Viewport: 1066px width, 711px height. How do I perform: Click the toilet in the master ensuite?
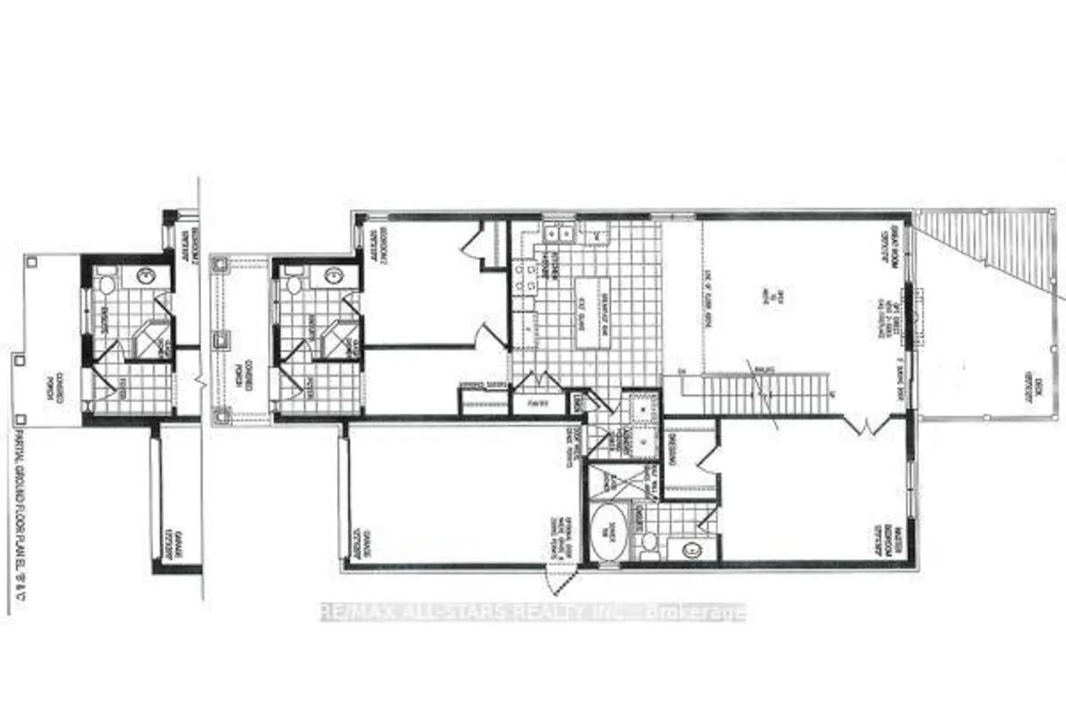(647, 545)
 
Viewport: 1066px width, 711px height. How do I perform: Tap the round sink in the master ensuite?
(689, 547)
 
